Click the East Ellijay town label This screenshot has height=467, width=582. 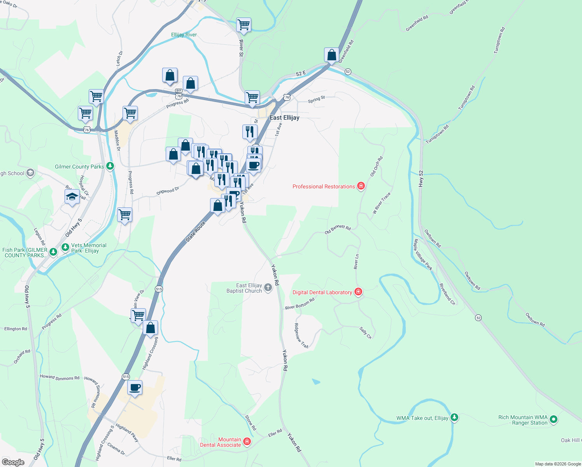tap(284, 118)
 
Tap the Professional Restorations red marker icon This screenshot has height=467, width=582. tap(361, 186)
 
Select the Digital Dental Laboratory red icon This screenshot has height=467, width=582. tap(358, 292)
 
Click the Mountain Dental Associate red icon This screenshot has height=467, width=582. tap(247, 441)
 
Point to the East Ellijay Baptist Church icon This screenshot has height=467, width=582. tap(268, 288)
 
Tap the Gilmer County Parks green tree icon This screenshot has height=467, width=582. tap(110, 167)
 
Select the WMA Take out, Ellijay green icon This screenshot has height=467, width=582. tap(454, 418)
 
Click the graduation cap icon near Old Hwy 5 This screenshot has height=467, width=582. tap(72, 197)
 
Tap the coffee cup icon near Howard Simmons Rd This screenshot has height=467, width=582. tap(135, 388)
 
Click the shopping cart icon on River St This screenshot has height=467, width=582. tap(244, 25)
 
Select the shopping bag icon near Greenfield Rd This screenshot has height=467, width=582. tap(332, 55)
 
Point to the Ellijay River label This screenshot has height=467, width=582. tap(184, 35)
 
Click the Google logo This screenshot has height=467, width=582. tap(13, 462)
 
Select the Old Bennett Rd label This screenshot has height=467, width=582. tap(338, 230)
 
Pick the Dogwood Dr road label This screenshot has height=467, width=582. tap(168, 191)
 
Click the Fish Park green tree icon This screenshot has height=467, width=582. tap(53, 252)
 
